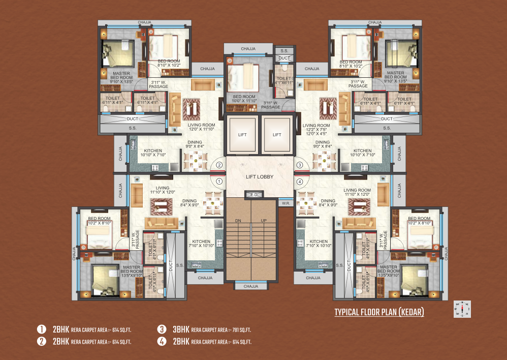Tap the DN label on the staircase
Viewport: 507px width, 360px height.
pos(238,220)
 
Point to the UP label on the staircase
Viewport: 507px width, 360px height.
pos(263,220)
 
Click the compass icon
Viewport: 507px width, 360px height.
pos(463,308)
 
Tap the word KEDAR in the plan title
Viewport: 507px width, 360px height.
pos(410,312)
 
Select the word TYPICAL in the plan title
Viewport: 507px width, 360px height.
pos(347,312)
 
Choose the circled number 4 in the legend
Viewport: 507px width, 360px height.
pos(162,342)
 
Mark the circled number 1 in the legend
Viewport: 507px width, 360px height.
pos(41,329)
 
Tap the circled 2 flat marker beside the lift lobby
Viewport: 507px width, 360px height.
pos(219,165)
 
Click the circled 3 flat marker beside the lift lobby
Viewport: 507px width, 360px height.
pos(300,165)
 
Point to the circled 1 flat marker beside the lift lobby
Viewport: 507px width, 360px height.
pos(219,181)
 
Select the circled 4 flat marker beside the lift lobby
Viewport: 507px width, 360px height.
pos(300,181)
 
